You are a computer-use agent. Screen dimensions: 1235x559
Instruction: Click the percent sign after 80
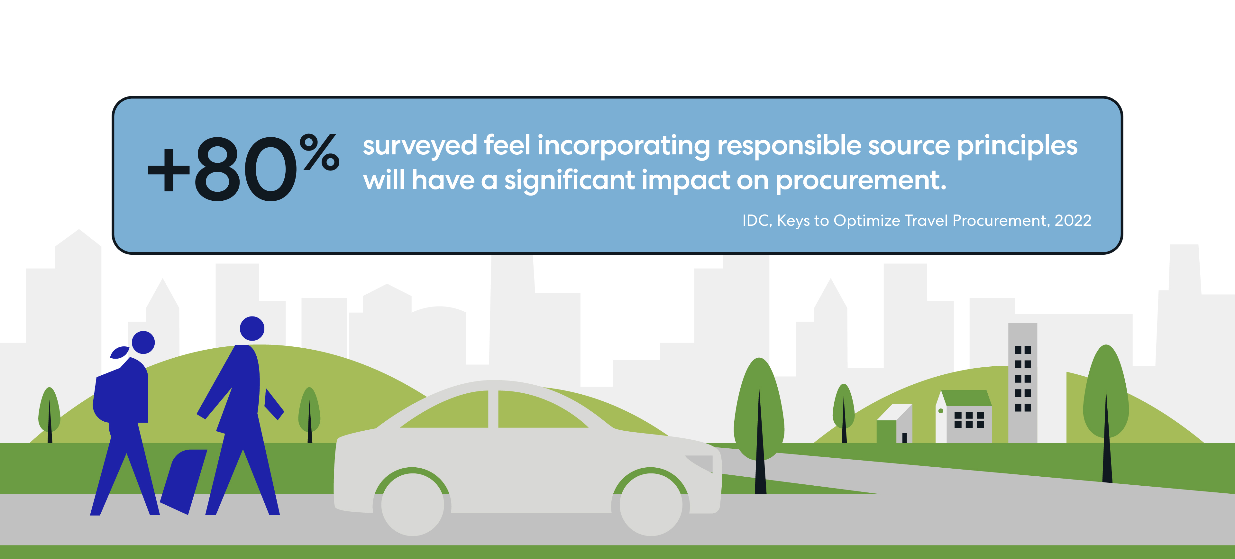[320, 152]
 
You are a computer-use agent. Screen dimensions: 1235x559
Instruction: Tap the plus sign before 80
[169, 169]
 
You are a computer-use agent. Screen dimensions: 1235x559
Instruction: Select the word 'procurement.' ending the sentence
[861, 181]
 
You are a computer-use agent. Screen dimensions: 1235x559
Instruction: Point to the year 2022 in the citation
[1073, 221]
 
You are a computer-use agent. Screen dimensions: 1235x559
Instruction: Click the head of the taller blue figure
[252, 328]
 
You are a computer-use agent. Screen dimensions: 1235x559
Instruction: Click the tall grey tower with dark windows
[1023, 382]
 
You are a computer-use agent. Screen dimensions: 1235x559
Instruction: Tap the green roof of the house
[966, 398]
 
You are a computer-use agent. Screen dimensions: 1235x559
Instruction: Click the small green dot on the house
[941, 411]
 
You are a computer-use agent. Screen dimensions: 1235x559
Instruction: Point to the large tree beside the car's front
[759, 422]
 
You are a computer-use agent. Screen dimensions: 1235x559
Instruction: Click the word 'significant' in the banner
[570, 181]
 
